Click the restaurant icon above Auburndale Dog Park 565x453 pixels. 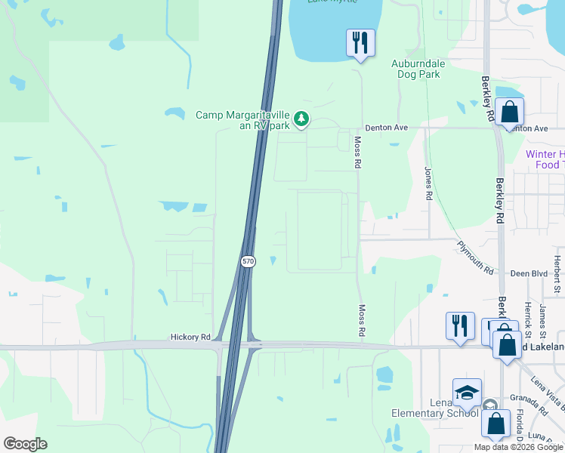point(360,42)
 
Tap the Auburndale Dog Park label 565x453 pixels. point(418,69)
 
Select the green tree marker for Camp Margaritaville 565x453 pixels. point(301,119)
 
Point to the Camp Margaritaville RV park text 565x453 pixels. point(242,120)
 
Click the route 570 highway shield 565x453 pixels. point(249,261)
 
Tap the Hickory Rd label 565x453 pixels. point(190,339)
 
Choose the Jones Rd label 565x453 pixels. point(428,183)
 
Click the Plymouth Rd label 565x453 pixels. point(474,258)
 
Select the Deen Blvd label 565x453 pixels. point(528,274)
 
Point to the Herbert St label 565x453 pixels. point(557,273)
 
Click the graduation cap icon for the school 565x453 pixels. point(467,393)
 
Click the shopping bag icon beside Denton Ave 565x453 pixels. point(510,112)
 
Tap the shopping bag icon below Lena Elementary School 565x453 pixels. point(496,424)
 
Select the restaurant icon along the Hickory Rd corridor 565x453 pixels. point(460,326)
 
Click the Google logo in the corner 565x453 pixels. point(25,444)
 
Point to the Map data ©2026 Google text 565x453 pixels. point(518,447)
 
